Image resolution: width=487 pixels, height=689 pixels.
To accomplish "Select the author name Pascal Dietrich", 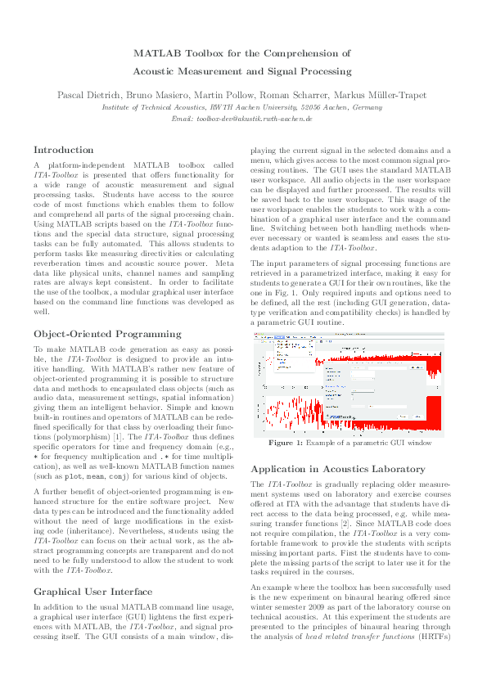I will point(87,95).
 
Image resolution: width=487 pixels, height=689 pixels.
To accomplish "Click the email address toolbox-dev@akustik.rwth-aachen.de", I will point(242,119).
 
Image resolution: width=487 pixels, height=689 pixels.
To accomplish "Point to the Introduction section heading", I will point(64,150).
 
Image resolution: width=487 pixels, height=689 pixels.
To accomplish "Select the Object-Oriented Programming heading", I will point(106,334).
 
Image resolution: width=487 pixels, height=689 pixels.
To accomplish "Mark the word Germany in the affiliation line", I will point(365,107).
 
